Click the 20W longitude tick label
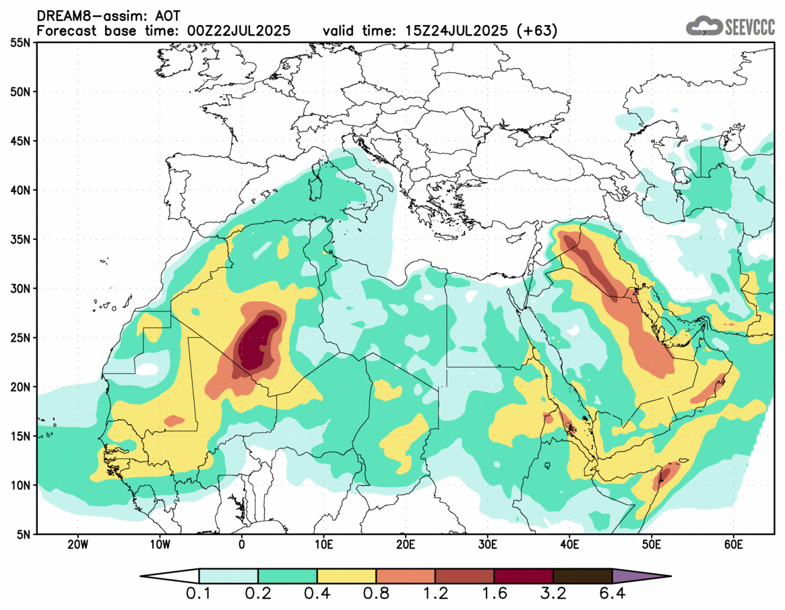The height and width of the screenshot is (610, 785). [77, 544]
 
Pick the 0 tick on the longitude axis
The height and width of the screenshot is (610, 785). [242, 544]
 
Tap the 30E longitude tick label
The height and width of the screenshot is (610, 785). [487, 544]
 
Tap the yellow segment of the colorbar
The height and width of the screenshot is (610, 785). [346, 576]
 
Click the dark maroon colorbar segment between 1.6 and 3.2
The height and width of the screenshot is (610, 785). [524, 576]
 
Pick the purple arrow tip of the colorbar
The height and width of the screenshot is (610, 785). [640, 576]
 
